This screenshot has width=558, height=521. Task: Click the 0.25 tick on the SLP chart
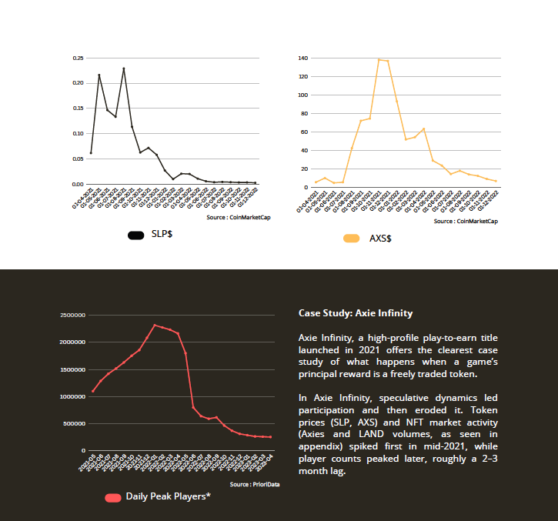point(78,58)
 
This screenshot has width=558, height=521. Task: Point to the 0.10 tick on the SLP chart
point(78,133)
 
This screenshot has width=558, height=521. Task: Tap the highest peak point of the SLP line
point(123,68)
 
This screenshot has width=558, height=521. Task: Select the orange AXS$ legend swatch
point(352,239)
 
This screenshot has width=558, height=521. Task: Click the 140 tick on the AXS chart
point(302,58)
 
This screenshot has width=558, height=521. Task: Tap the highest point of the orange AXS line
point(379,59)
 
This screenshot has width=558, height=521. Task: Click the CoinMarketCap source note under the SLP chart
point(239,217)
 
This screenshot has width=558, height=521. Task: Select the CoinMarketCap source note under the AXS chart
point(465,221)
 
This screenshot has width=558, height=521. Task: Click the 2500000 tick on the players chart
point(73,316)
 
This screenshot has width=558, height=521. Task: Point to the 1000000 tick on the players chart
point(73,396)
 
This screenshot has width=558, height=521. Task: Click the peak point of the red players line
point(155,325)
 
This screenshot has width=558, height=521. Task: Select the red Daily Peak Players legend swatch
point(112,497)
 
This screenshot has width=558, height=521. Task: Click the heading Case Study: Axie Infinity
point(356,313)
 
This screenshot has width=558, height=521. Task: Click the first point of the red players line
point(92,391)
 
